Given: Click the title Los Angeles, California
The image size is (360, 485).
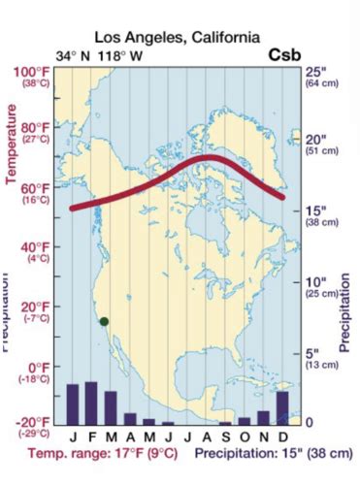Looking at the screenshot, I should pyautogui.click(x=178, y=37).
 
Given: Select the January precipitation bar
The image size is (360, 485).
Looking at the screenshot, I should pyautogui.click(x=72, y=404).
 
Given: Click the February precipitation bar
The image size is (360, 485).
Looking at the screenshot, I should pyautogui.click(x=91, y=403).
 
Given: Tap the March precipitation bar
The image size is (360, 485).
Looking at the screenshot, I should pyautogui.click(x=111, y=407).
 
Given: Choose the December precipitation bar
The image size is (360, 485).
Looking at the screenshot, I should pyautogui.click(x=282, y=407).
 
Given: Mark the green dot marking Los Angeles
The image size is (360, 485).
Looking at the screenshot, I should pyautogui.click(x=104, y=322).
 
